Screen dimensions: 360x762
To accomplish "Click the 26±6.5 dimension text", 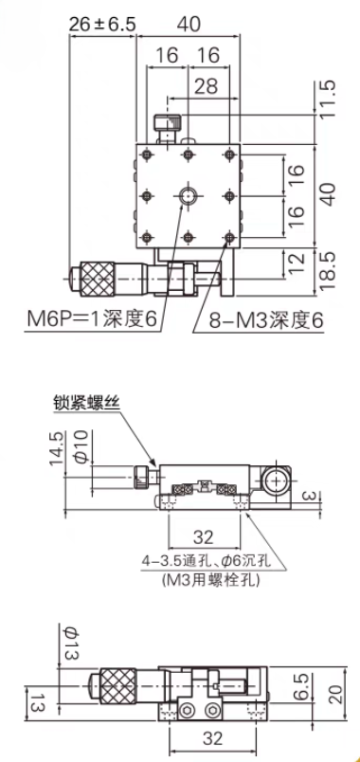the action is pos(102,24).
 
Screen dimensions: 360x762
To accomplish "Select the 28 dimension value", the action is pos(206,87).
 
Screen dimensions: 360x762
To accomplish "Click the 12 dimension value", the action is pos(297,263).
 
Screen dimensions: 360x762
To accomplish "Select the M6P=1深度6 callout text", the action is pos(92,319).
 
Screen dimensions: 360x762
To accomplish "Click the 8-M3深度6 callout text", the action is pos(266,320).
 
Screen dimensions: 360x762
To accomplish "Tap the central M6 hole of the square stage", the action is pos(188,196).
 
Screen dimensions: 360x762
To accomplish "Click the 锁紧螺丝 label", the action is pos(86,402).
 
